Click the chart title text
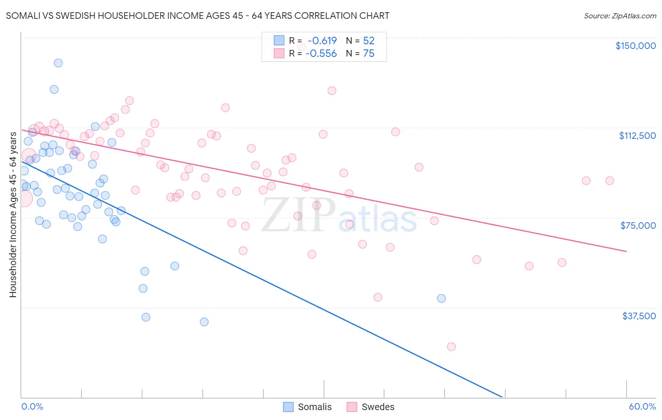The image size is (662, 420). pyautogui.click(x=197, y=16)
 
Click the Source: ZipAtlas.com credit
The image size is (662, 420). pyautogui.click(x=620, y=16)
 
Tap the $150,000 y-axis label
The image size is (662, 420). pyautogui.click(x=635, y=46)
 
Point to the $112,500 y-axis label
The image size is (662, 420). pyautogui.click(x=637, y=136)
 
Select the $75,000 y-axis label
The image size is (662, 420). pyautogui.click(x=638, y=226)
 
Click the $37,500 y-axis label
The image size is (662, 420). pyautogui.click(x=638, y=316)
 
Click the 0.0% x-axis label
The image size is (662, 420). pyautogui.click(x=32, y=406)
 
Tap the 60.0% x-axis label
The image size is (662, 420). pyautogui.click(x=642, y=406)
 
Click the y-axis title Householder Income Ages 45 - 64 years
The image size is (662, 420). pyautogui.click(x=13, y=215)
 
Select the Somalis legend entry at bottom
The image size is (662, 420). pyautogui.click(x=307, y=407)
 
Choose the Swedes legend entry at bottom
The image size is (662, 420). pyautogui.click(x=371, y=407)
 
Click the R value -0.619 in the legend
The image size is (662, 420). pyautogui.click(x=322, y=41)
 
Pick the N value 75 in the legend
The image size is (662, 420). pyautogui.click(x=369, y=54)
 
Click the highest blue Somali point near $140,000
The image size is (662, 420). pyautogui.click(x=58, y=63)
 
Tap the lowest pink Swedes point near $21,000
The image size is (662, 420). pyautogui.click(x=451, y=347)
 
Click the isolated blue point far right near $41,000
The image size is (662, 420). pyautogui.click(x=441, y=298)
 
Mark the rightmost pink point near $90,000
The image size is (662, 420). pyautogui.click(x=609, y=181)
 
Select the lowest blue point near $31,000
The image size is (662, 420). pyautogui.click(x=204, y=322)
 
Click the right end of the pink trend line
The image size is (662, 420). pyautogui.click(x=626, y=251)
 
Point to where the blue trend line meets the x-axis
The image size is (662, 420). pyautogui.click(x=503, y=397)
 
